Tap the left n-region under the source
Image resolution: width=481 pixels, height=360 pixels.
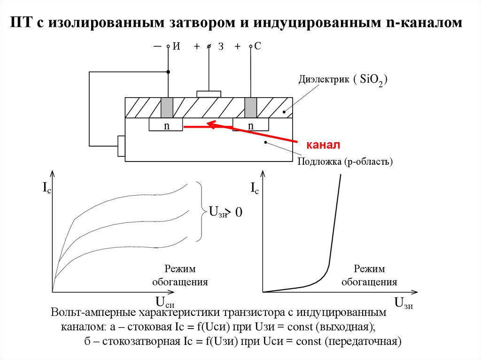coord(166,125)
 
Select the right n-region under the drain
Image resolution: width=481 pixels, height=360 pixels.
coord(250,125)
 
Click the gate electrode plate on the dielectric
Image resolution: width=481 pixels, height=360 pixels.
coord(209,94)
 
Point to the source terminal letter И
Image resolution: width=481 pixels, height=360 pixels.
coord(177,46)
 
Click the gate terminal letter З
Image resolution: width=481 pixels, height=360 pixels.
coord(220,46)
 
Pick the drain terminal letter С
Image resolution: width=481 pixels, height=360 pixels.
coord(257,46)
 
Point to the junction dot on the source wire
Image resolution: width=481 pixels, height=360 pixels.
coord(168,72)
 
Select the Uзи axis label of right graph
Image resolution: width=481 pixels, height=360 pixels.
coord(403,303)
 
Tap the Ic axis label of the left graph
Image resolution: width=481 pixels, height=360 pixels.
coord(47,189)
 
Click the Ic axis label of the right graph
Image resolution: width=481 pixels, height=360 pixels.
coord(254,189)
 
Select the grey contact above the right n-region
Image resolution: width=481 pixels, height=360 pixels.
coord(250,108)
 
